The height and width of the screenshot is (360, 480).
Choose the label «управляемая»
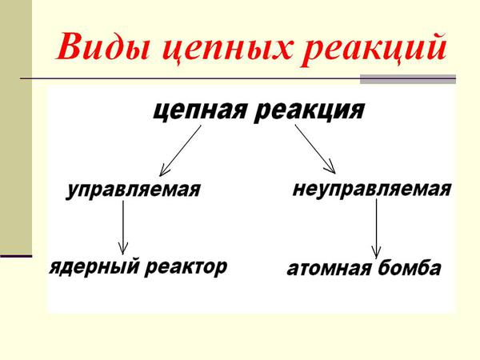coord(134,190)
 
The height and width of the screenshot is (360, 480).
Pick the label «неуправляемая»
coord(372,189)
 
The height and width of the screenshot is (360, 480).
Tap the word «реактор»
coord(186,267)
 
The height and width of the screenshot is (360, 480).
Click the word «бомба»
coord(410,267)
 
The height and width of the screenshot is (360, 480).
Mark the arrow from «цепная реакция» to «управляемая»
coord(180,150)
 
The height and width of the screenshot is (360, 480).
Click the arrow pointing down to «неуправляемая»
coord(315,149)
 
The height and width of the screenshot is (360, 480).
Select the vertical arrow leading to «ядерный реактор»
coord(123,227)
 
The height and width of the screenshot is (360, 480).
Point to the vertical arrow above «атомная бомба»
coord(376,229)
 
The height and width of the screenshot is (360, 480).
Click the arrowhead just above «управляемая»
coord(163,172)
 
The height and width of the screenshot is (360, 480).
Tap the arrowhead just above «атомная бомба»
coord(376,252)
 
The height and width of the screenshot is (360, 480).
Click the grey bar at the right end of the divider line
coord(408,79)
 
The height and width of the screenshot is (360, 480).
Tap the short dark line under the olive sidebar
coord(16,256)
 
